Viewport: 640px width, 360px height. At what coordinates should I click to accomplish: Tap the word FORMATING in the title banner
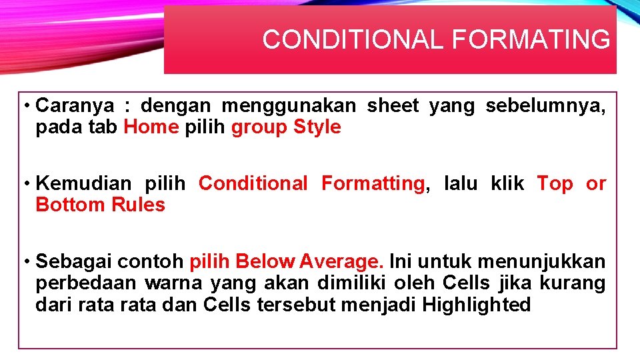(531, 40)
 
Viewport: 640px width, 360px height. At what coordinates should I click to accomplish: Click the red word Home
(151, 127)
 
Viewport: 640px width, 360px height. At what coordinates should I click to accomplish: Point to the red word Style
(317, 127)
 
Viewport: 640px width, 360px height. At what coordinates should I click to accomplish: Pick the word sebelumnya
(545, 105)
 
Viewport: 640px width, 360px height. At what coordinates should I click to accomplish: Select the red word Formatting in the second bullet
(373, 183)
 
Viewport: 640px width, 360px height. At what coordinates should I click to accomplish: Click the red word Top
(555, 183)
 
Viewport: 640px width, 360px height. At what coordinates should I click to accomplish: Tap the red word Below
(265, 261)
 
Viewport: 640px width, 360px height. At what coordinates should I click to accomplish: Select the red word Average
(342, 261)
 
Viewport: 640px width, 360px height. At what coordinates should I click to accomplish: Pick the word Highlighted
(477, 305)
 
